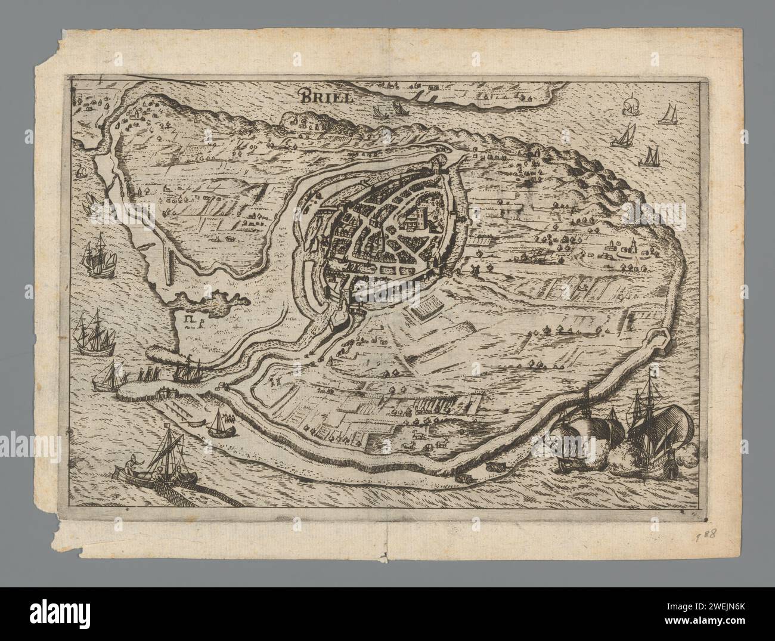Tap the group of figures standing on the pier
(x=143, y=374)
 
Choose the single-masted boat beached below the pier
(x=221, y=423)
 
